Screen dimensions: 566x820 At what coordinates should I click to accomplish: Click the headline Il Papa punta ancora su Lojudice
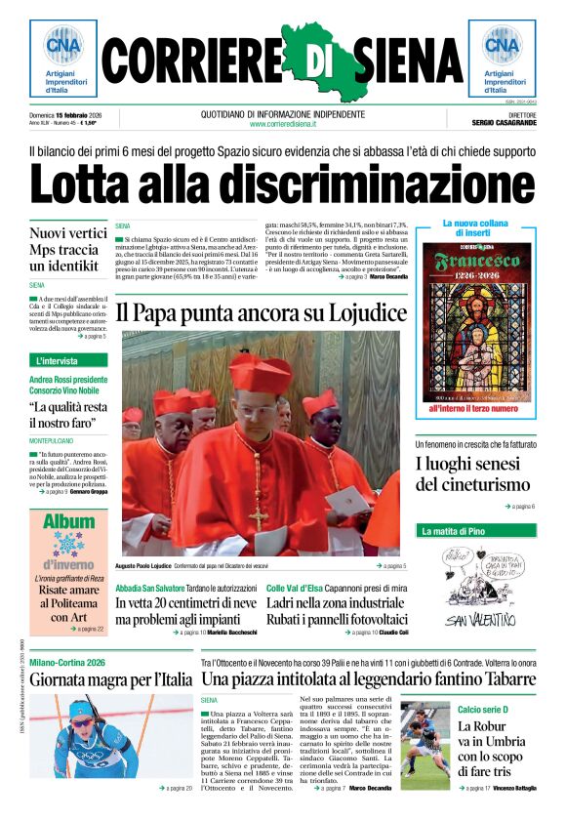[x=261, y=312]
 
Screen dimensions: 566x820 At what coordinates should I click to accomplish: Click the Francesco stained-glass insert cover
[x=477, y=321]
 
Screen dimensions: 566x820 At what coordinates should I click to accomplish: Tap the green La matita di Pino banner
[x=453, y=532]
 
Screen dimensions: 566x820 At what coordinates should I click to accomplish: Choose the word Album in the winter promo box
[x=68, y=522]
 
